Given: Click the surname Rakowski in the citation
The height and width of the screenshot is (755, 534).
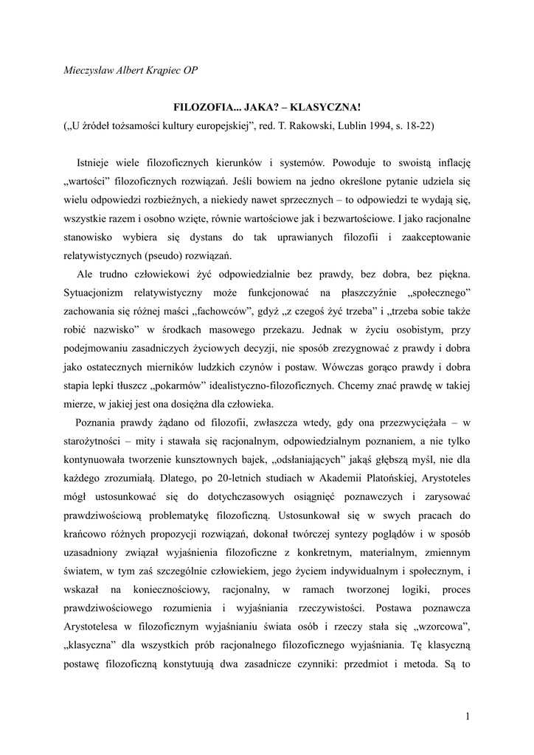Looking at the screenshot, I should (x=318, y=125).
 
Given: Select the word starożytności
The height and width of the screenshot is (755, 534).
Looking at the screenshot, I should (x=95, y=439).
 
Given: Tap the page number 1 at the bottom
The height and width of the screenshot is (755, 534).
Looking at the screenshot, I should (x=468, y=715).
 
